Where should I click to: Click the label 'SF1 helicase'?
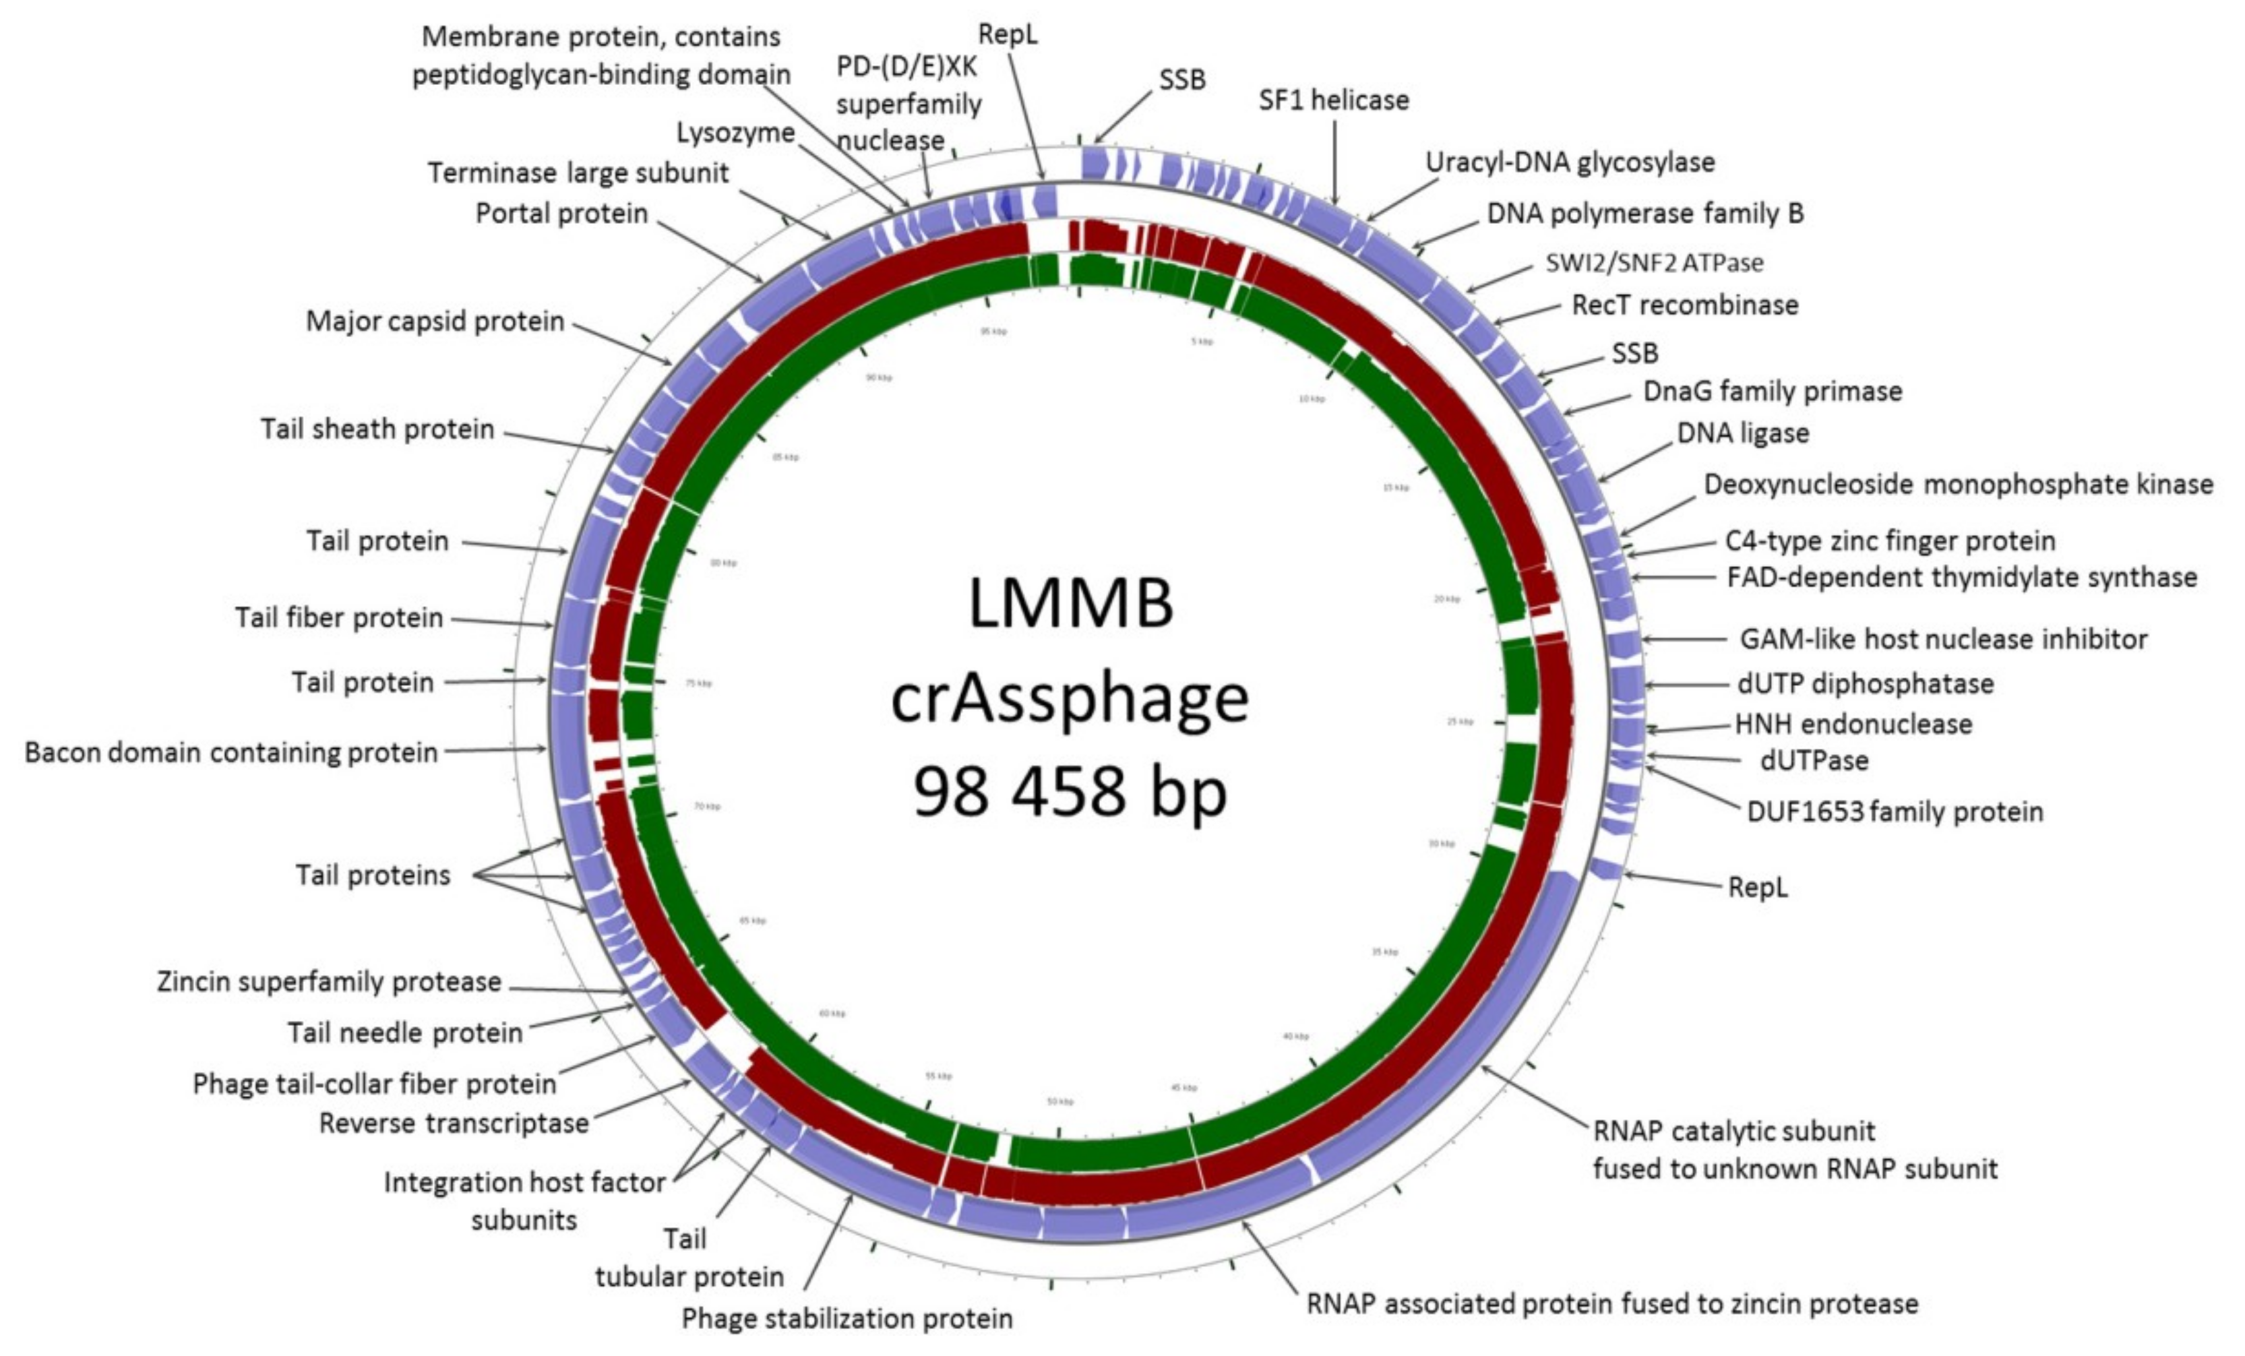[x=1333, y=100]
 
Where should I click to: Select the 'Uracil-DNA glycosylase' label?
[x=1569, y=163]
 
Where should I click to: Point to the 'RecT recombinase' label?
[x=1685, y=305]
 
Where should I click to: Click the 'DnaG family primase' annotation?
[x=1772, y=392]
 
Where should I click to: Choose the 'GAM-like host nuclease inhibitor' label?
[x=1942, y=640]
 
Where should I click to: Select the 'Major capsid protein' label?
[x=435, y=321]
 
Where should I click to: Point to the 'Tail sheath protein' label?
[x=377, y=429]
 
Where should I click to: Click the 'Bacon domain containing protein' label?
[x=230, y=753]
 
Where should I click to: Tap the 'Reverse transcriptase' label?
[x=454, y=1123]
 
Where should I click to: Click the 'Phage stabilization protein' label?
[x=847, y=1319]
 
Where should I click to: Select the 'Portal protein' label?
[x=561, y=214]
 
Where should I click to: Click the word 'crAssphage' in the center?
[x=1070, y=699]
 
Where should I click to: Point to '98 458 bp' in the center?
[x=1070, y=791]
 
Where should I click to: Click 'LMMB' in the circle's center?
[x=1070, y=604]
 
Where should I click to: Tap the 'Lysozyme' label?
[x=735, y=133]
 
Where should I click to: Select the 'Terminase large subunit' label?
[x=578, y=173]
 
